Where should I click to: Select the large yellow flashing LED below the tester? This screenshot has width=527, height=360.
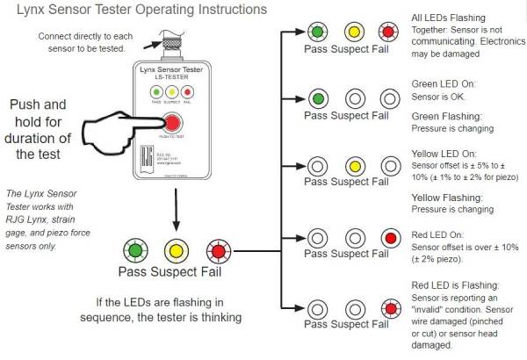[174, 249]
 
